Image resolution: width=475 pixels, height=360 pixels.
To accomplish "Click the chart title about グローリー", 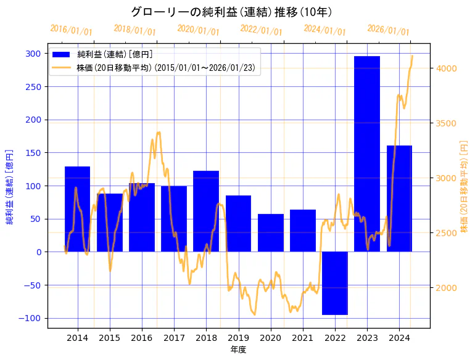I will coord(231,12).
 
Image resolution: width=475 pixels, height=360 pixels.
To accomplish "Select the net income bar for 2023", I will coord(366,154).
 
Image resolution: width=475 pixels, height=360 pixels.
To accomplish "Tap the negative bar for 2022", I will coord(335,283).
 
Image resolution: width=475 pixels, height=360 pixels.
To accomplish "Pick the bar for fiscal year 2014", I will coord(77,209).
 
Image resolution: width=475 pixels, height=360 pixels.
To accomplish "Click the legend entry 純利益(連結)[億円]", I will coord(115,55).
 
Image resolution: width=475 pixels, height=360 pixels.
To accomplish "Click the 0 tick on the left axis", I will coord(38,252).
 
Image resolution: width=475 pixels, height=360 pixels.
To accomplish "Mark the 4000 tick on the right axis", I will coord(446,68).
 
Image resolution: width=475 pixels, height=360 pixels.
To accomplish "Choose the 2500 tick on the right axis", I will coord(446,233).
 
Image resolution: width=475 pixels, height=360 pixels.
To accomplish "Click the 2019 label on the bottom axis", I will coord(238,338).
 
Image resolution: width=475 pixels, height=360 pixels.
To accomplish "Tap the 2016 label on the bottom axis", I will coord(141,338).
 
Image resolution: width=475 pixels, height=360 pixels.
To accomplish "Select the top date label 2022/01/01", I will coord(261,30).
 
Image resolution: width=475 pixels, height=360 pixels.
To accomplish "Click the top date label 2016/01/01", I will coord(71,30).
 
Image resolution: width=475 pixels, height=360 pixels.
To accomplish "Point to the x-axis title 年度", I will coord(238,350).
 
